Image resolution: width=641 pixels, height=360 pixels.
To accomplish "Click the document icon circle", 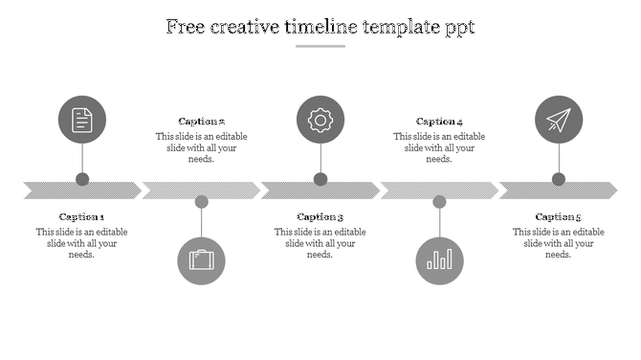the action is pyautogui.click(x=82, y=120).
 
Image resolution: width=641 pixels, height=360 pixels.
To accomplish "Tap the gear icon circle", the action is pyautogui.click(x=320, y=120).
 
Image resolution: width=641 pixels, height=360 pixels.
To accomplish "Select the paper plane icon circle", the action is pyautogui.click(x=559, y=120).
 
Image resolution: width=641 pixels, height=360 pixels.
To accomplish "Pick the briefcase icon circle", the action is pyautogui.click(x=201, y=260).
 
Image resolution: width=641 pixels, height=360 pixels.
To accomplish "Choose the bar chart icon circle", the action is pyautogui.click(x=439, y=260).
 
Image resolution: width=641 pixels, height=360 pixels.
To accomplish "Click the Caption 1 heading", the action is pyautogui.click(x=82, y=217).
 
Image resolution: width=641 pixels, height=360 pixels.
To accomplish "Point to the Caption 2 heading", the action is pyautogui.click(x=201, y=122).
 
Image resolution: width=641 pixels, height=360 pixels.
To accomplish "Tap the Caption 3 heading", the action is pyautogui.click(x=320, y=217).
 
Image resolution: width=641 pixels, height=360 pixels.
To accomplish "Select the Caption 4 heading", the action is pyautogui.click(x=439, y=122).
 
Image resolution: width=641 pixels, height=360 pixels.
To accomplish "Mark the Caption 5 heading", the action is pyautogui.click(x=559, y=217).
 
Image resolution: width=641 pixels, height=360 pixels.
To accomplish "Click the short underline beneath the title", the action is pyautogui.click(x=320, y=46).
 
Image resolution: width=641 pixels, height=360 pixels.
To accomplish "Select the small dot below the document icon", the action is pyautogui.click(x=82, y=179).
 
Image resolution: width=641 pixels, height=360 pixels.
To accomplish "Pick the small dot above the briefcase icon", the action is pyautogui.click(x=201, y=202).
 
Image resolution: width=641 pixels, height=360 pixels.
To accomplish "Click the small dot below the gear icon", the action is pyautogui.click(x=320, y=179).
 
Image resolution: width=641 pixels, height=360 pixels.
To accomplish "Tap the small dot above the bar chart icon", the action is pyautogui.click(x=439, y=202).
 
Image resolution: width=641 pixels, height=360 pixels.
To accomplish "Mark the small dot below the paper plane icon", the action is pyautogui.click(x=559, y=179).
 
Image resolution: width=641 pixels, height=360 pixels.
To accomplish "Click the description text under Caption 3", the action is pyautogui.click(x=320, y=243).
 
